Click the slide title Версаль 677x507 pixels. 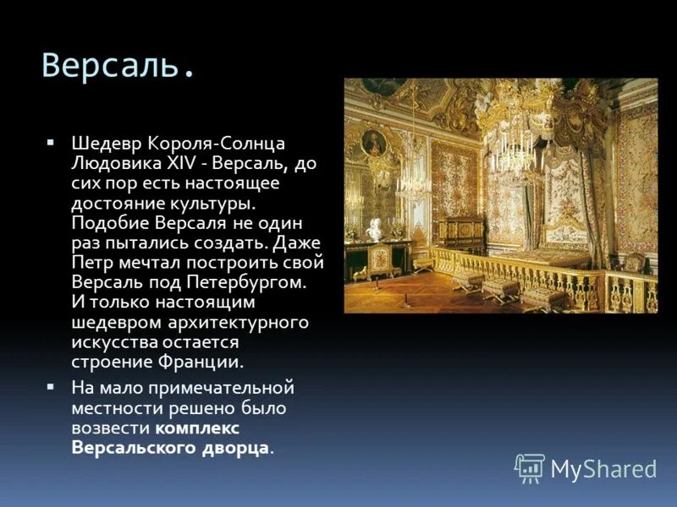pyautogui.click(x=118, y=65)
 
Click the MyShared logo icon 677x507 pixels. pyautogui.click(x=530, y=467)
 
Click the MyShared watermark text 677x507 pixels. pyautogui.click(x=603, y=469)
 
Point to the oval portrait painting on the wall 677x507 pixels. pyautogui.click(x=373, y=143)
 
